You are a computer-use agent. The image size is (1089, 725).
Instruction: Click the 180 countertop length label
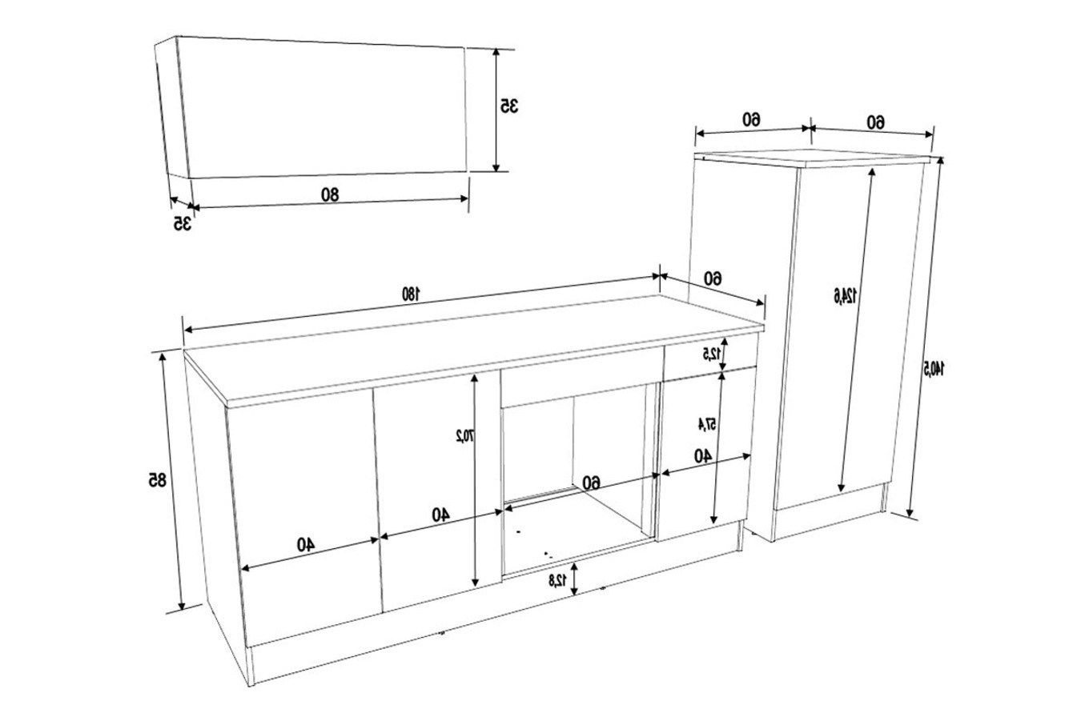[410, 294]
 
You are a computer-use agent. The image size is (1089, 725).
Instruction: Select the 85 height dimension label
[157, 479]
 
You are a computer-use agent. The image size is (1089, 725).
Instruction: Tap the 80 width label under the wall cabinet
[330, 194]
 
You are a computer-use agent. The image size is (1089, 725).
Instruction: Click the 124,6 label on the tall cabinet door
[845, 295]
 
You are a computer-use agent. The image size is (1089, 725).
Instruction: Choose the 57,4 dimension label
[706, 425]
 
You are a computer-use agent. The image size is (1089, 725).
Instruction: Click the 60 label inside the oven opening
[592, 483]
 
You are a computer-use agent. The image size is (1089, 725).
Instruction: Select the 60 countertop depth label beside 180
[713, 278]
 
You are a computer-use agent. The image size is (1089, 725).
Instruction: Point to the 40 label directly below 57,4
[702, 456]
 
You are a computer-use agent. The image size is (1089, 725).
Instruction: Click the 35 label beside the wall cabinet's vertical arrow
[509, 106]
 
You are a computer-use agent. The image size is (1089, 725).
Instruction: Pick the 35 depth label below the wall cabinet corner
[182, 223]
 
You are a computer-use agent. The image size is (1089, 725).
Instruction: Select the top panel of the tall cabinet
[813, 159]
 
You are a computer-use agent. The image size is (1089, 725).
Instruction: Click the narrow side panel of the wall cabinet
[171, 107]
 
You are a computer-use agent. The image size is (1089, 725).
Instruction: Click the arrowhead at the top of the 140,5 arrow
[940, 161]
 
